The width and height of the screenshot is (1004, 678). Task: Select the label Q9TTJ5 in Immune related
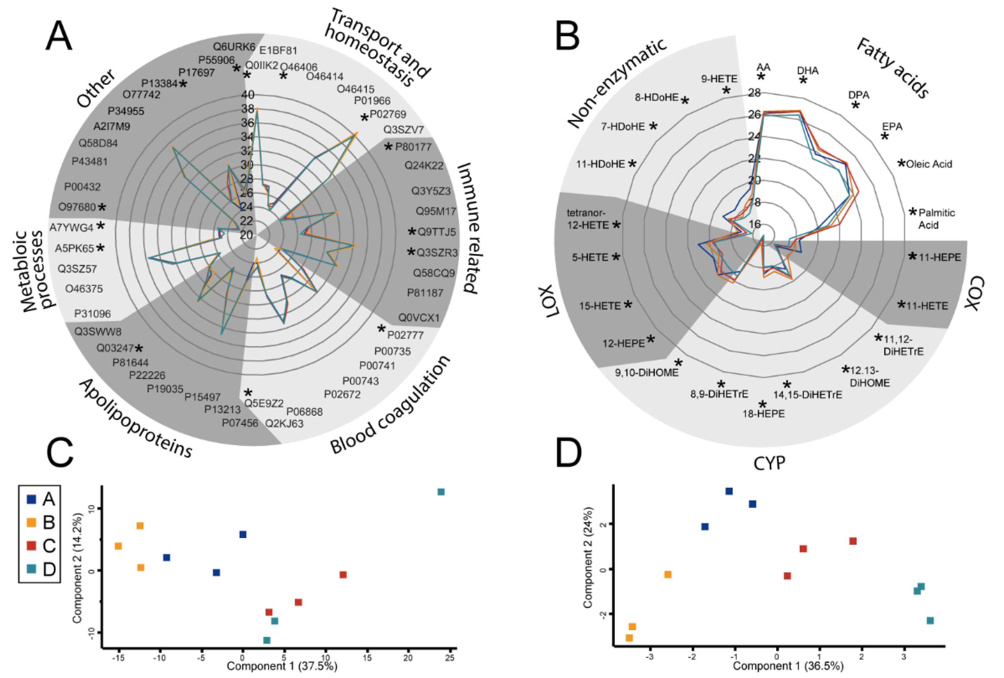[436, 232]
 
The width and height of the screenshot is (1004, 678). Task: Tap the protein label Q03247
[115, 348]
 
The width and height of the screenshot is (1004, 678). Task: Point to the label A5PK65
[74, 248]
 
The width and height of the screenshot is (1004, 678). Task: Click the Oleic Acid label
[929, 164]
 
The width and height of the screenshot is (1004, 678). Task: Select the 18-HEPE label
[763, 414]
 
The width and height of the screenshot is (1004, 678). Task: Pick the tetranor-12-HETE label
[588, 219]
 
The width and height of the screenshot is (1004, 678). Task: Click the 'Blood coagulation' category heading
[390, 405]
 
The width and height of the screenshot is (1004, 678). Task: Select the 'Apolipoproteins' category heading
[136, 418]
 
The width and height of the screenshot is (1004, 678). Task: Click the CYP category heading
[769, 463]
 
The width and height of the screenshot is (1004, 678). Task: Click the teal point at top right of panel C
[441, 492]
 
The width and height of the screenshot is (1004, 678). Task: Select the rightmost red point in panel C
[343, 575]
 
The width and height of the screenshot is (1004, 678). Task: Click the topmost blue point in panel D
[729, 491]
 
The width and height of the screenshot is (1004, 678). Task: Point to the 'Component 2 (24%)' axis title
[588, 557]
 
